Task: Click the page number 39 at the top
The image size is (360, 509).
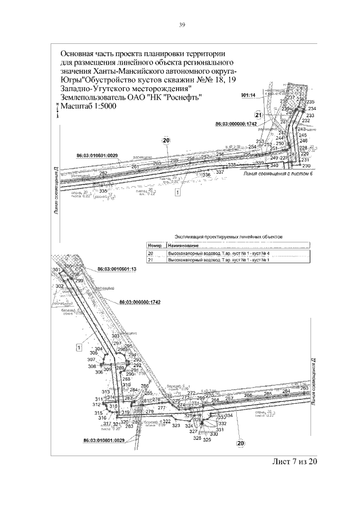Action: click(182, 25)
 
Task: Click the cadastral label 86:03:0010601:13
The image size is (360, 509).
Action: click(117, 269)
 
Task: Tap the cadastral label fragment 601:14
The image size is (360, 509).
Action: click(248, 96)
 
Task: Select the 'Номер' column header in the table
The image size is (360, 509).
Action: click(154, 246)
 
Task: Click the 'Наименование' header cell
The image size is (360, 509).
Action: click(182, 246)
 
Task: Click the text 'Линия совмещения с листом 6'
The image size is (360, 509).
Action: click(277, 174)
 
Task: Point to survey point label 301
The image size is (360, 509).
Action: click(56, 271)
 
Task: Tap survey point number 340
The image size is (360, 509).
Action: click(274, 166)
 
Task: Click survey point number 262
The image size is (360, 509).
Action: click(103, 173)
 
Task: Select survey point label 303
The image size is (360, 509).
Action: click(115, 336)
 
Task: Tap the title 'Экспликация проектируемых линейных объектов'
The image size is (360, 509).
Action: click(228, 237)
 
